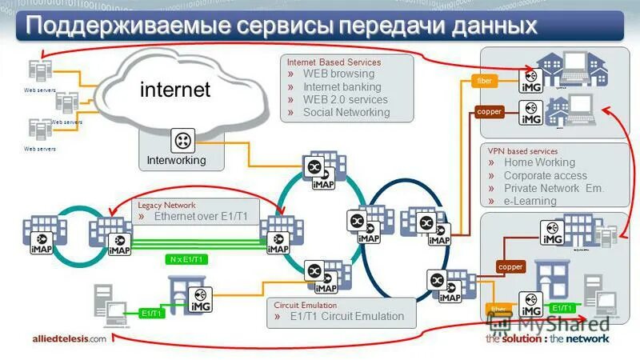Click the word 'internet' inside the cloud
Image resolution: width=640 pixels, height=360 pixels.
175,90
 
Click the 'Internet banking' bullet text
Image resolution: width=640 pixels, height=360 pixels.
342,87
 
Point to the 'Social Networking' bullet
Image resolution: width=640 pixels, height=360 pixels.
346,113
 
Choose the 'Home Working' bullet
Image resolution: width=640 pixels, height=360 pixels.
539,163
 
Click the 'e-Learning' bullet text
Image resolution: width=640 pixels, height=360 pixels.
530,201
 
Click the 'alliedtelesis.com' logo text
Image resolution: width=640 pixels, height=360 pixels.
69,338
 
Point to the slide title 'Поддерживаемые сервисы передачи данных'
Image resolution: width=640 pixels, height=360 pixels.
280,26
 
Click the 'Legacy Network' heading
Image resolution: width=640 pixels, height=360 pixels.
166,205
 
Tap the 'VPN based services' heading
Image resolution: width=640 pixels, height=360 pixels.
522,150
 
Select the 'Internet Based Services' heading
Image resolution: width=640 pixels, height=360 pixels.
334,62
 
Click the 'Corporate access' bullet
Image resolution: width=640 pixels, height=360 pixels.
545,176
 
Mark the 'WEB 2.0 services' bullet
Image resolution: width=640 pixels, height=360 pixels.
345,100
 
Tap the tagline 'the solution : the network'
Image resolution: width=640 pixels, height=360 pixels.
546,338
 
